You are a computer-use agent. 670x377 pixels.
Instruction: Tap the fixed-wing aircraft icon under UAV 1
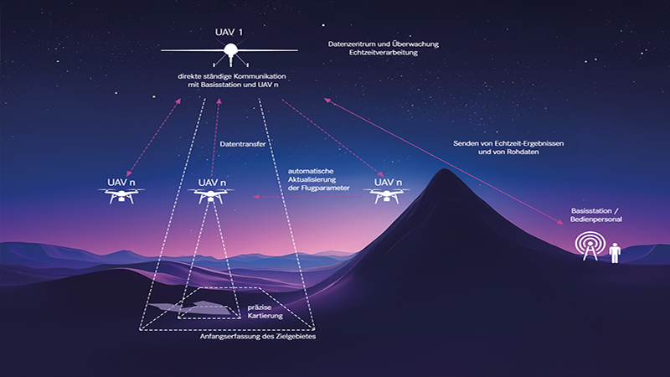pos(227,55)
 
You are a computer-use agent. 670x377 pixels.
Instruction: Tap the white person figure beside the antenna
pos(615,251)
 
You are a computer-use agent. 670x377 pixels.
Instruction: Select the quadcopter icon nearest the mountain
pos(385,195)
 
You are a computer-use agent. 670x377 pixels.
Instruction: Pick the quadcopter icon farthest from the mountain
pos(121,196)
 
